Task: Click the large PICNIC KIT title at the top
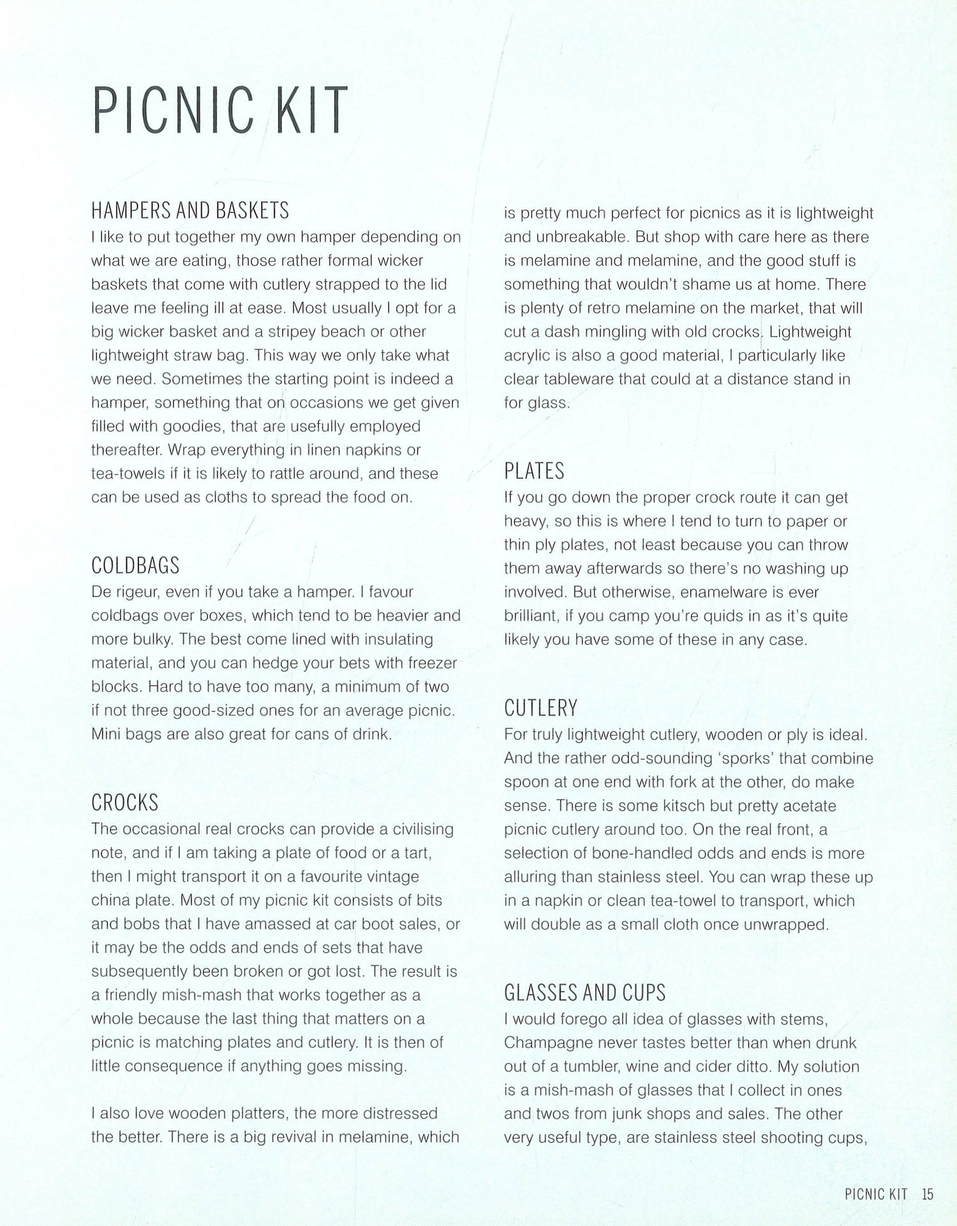click(x=220, y=111)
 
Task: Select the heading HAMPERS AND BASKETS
click(x=190, y=210)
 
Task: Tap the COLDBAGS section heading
click(x=135, y=565)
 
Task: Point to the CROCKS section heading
click(x=125, y=802)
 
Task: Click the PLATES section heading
click(x=534, y=471)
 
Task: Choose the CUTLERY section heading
click(x=540, y=708)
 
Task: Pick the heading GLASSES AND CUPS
click(x=584, y=992)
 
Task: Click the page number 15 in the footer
click(x=927, y=1194)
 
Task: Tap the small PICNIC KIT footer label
click(x=875, y=1194)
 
